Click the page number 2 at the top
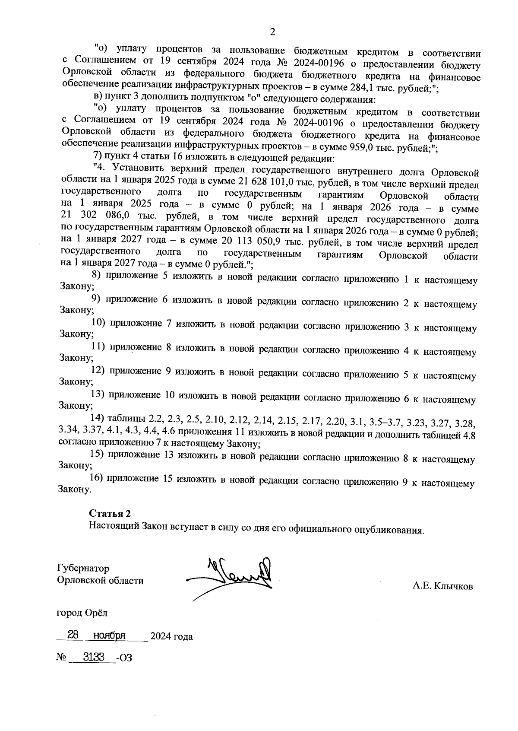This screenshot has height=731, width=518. (x=272, y=32)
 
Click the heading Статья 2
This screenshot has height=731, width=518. (x=110, y=513)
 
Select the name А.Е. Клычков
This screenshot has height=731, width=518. (x=442, y=586)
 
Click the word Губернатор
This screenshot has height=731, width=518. (x=83, y=568)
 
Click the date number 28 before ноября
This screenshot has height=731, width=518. (x=73, y=635)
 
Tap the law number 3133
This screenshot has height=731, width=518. (x=93, y=657)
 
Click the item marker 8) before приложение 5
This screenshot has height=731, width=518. (x=96, y=274)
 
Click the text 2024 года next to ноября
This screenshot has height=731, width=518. (x=171, y=636)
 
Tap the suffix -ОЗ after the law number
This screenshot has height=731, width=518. (x=124, y=658)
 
